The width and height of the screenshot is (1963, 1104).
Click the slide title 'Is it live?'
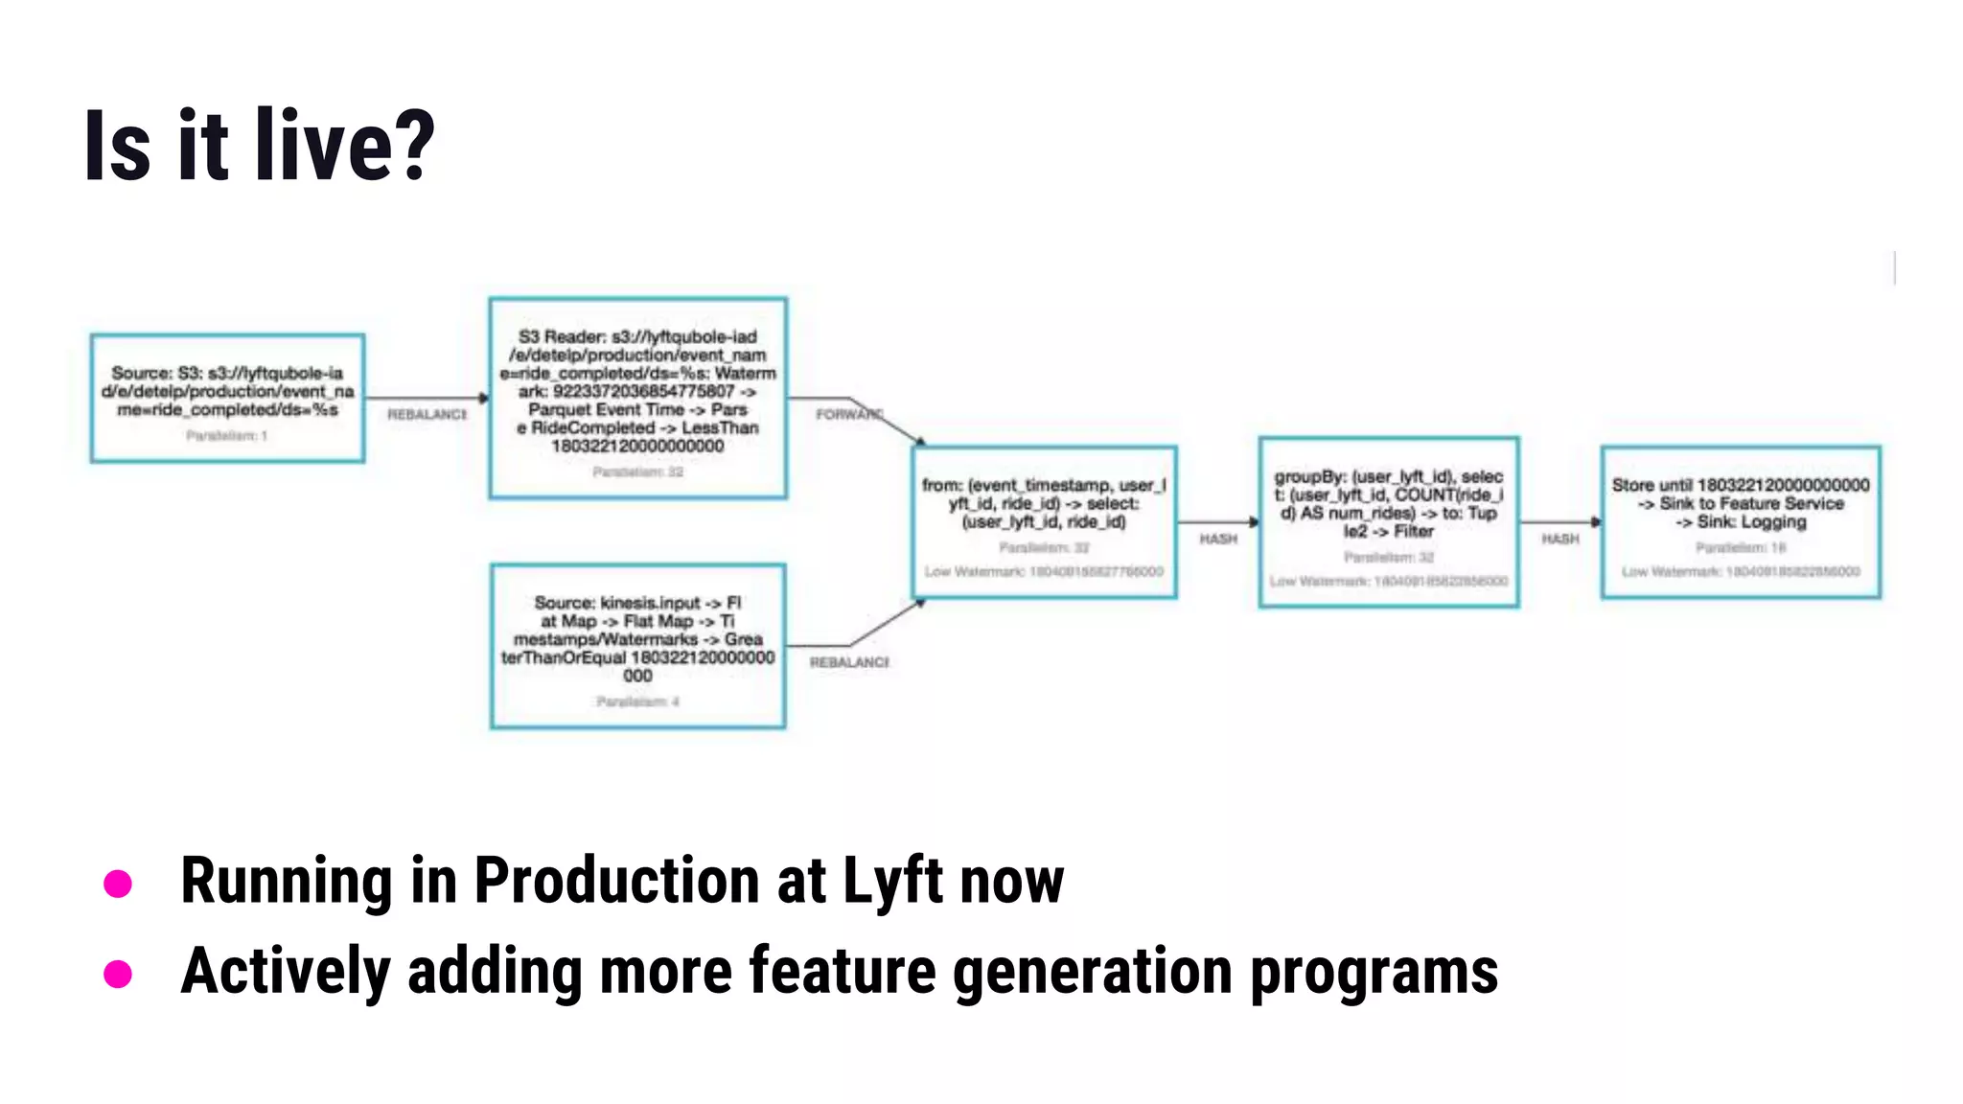[x=259, y=146]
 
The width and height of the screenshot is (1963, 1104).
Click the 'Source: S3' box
[x=227, y=398]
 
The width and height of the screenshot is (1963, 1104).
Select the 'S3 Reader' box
[x=637, y=398]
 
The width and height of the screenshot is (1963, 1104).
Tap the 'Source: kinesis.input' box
[x=637, y=645]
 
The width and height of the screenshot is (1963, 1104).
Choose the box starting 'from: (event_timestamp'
[x=1044, y=522]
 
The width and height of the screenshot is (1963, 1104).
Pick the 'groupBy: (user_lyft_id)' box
[x=1388, y=522]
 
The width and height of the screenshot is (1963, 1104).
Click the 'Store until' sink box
[x=1740, y=522]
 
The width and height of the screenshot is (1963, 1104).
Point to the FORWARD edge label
[x=848, y=414]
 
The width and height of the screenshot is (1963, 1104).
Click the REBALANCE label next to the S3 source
[x=427, y=414]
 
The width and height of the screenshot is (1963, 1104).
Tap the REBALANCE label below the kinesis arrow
[x=849, y=662]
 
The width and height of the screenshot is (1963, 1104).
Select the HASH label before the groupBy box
[x=1218, y=540]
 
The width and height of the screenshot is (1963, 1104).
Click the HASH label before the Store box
[x=1559, y=540]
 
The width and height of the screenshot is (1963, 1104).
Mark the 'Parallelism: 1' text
[x=226, y=436]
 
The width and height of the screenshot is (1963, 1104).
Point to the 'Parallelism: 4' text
[x=637, y=701]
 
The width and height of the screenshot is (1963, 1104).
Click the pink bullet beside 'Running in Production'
[x=118, y=884]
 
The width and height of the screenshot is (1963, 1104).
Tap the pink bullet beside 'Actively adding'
[x=118, y=974]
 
